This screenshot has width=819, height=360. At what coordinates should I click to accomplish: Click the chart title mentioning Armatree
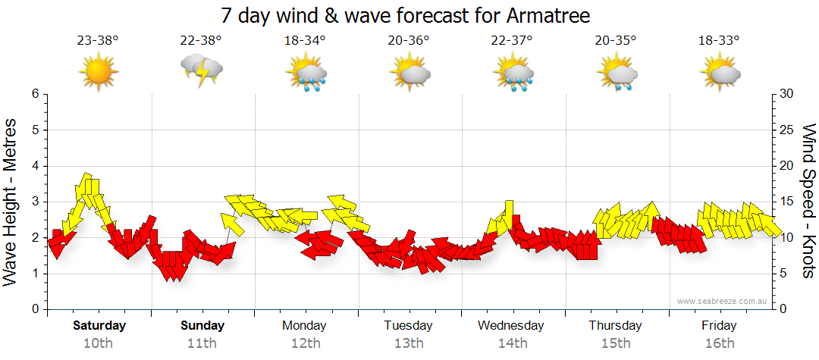(405, 15)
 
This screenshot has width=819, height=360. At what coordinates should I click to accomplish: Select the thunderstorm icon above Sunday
(201, 70)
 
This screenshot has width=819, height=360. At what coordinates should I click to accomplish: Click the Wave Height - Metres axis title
(11, 202)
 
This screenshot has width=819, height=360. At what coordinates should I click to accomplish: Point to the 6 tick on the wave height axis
(34, 94)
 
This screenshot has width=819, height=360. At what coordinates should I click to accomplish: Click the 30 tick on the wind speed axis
(787, 94)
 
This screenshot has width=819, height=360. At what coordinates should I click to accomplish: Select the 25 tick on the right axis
(787, 130)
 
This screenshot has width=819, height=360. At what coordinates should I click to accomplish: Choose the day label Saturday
(99, 326)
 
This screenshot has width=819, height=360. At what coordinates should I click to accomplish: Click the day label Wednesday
(511, 326)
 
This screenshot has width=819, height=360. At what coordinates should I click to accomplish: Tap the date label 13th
(408, 343)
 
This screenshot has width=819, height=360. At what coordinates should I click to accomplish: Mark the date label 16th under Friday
(719, 343)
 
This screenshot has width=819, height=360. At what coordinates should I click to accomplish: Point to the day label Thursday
(615, 326)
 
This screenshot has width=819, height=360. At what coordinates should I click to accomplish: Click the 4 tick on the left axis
(34, 166)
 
